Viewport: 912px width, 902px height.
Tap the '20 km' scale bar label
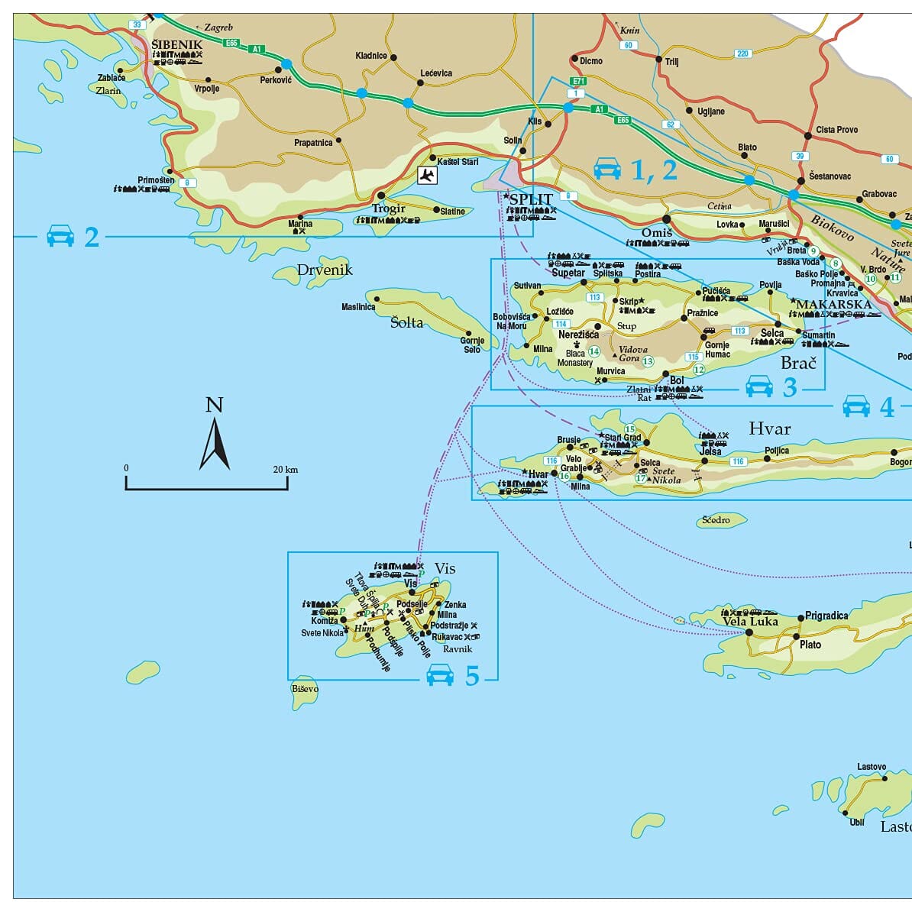tap(286, 469)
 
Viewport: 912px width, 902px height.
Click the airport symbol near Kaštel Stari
tap(427, 176)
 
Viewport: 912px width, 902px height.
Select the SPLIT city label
tap(530, 199)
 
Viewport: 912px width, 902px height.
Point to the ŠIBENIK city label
tap(177, 45)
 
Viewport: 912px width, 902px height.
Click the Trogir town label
tap(388, 209)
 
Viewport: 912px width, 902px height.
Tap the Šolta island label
tap(406, 322)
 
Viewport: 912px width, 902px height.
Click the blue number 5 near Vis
tap(472, 675)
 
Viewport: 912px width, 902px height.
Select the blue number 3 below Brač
tap(790, 388)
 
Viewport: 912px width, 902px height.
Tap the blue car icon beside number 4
tap(856, 406)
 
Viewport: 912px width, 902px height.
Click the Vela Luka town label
tap(750, 622)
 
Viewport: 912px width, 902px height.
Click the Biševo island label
tap(305, 689)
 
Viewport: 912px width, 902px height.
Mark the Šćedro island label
tap(716, 520)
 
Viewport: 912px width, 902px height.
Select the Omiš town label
tap(656, 233)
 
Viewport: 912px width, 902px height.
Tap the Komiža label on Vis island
tap(324, 621)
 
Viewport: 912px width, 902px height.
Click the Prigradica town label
tap(826, 616)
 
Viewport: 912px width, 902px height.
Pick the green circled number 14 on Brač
tap(593, 351)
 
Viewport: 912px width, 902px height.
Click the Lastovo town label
tap(872, 767)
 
